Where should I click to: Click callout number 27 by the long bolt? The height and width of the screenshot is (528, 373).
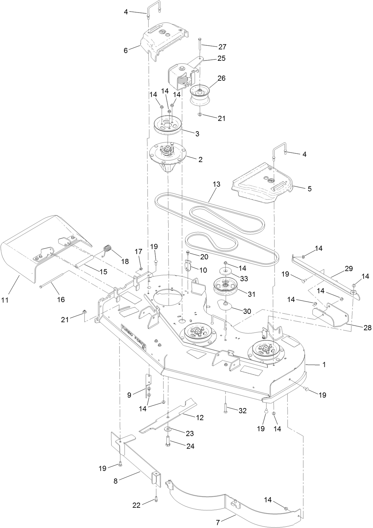coord(222,47)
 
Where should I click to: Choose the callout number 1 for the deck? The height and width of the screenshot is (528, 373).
coord(324,365)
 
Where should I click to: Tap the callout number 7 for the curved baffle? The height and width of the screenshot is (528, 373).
coord(218,523)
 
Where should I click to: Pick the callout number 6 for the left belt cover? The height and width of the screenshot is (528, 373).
coord(126,50)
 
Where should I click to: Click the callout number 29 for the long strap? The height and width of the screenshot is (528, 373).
coord(349,268)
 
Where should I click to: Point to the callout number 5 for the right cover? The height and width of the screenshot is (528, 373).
coord(309,189)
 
